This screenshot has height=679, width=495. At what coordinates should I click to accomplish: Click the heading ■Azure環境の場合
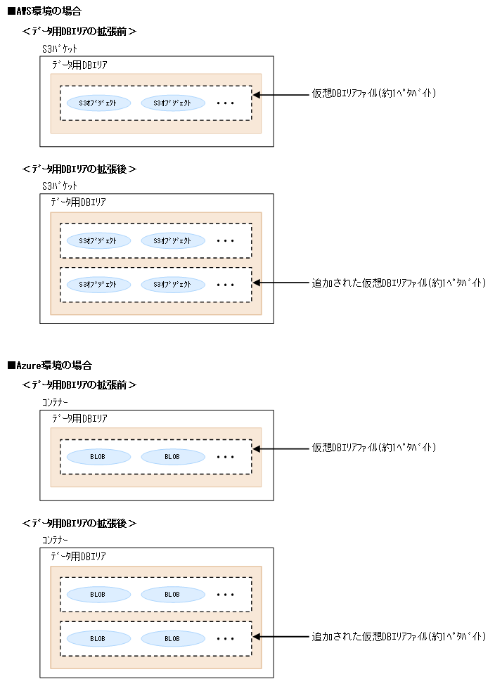pos(49,366)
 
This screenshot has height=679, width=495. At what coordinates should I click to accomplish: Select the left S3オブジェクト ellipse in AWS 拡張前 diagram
pos(98,103)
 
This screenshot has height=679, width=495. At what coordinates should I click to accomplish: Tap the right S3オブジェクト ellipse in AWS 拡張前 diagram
pos(173,103)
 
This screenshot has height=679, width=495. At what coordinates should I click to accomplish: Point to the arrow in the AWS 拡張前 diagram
pos(281,94)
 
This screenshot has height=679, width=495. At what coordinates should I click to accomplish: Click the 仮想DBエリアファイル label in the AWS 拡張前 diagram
pos(375,94)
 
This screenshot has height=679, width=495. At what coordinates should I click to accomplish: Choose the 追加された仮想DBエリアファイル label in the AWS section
pos(399,283)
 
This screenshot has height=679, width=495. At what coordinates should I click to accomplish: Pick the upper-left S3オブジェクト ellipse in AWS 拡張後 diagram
pos(98,240)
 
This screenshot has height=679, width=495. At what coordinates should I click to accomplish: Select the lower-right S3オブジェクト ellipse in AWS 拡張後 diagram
pos(173,285)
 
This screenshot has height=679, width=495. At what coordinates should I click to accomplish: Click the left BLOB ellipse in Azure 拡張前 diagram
pos(98,457)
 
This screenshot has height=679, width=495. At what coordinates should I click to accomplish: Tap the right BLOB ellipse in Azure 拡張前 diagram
pos(173,457)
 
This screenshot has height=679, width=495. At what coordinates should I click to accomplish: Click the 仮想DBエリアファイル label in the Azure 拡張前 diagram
pos(375,448)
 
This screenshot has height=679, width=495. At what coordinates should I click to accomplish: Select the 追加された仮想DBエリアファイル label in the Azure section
pos(399,637)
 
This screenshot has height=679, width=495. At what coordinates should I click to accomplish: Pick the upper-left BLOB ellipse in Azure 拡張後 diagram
pos(98,595)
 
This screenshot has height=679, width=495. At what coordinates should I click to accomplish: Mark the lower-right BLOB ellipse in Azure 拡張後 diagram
pos(173,639)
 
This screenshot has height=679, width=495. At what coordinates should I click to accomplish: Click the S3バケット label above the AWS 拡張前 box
pos(60,49)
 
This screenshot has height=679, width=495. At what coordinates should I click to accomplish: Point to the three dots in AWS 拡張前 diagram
pos(225,103)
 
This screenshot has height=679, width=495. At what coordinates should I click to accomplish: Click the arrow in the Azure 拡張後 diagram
pos(281,637)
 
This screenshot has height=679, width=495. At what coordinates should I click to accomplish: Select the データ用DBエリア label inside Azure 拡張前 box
pos(79,418)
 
